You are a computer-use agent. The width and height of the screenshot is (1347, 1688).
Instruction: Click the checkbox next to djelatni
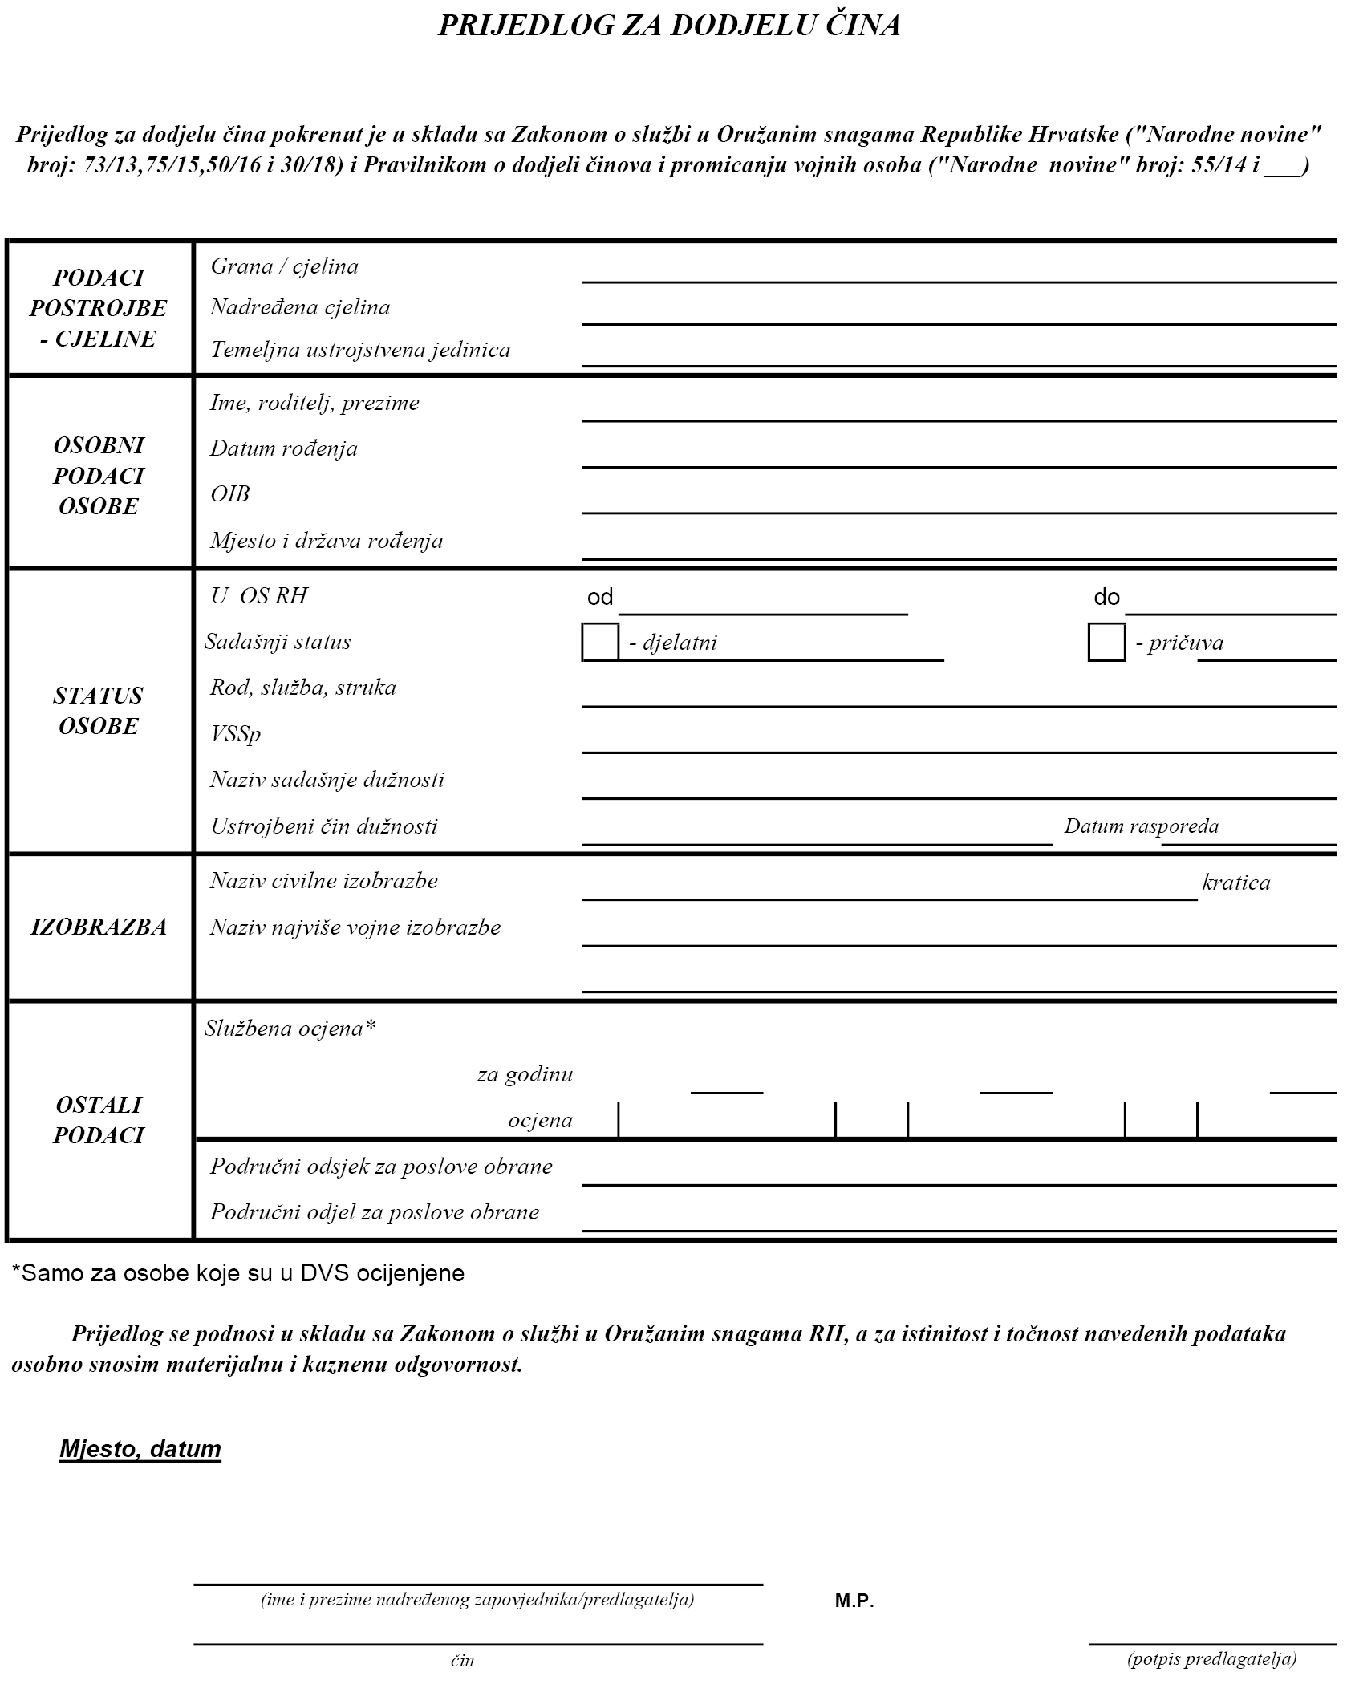[600, 642]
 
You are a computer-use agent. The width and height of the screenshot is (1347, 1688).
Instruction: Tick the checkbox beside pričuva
[1106, 642]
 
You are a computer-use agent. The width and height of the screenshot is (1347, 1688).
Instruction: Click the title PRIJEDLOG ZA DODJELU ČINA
[669, 26]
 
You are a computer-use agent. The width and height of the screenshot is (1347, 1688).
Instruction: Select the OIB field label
[230, 493]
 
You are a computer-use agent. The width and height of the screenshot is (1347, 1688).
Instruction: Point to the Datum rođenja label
[284, 448]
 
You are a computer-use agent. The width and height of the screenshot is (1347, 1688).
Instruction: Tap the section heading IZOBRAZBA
[99, 927]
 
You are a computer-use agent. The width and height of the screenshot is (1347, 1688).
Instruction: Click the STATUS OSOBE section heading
[99, 710]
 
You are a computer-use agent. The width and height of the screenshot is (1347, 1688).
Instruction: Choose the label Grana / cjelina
[284, 266]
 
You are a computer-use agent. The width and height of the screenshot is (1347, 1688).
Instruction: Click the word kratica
[1235, 883]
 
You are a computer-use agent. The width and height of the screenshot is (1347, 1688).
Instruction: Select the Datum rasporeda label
[1141, 826]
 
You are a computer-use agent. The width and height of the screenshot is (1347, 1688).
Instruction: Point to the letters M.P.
[854, 1601]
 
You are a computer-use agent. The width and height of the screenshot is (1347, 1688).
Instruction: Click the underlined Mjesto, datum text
[140, 1449]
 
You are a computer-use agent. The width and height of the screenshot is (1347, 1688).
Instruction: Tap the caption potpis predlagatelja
[1211, 1659]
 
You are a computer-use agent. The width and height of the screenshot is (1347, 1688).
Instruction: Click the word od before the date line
[600, 597]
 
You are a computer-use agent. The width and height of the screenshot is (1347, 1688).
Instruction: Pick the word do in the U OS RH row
[1106, 597]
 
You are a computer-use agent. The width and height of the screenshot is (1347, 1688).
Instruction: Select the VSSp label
[235, 733]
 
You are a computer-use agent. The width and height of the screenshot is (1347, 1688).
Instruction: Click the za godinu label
[525, 1073]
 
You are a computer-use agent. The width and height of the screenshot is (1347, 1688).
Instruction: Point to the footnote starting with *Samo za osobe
[238, 1273]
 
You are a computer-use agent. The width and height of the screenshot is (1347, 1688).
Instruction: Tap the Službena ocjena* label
[290, 1028]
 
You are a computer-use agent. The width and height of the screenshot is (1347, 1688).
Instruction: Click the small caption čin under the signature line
[462, 1661]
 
